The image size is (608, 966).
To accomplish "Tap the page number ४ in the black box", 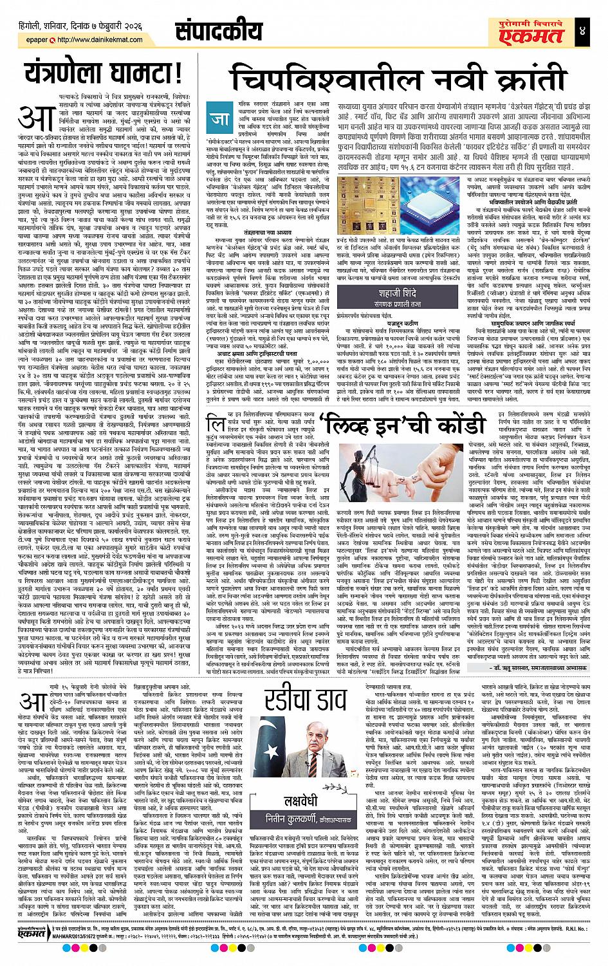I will [593, 31].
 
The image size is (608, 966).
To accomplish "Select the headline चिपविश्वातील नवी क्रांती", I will [407, 82].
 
